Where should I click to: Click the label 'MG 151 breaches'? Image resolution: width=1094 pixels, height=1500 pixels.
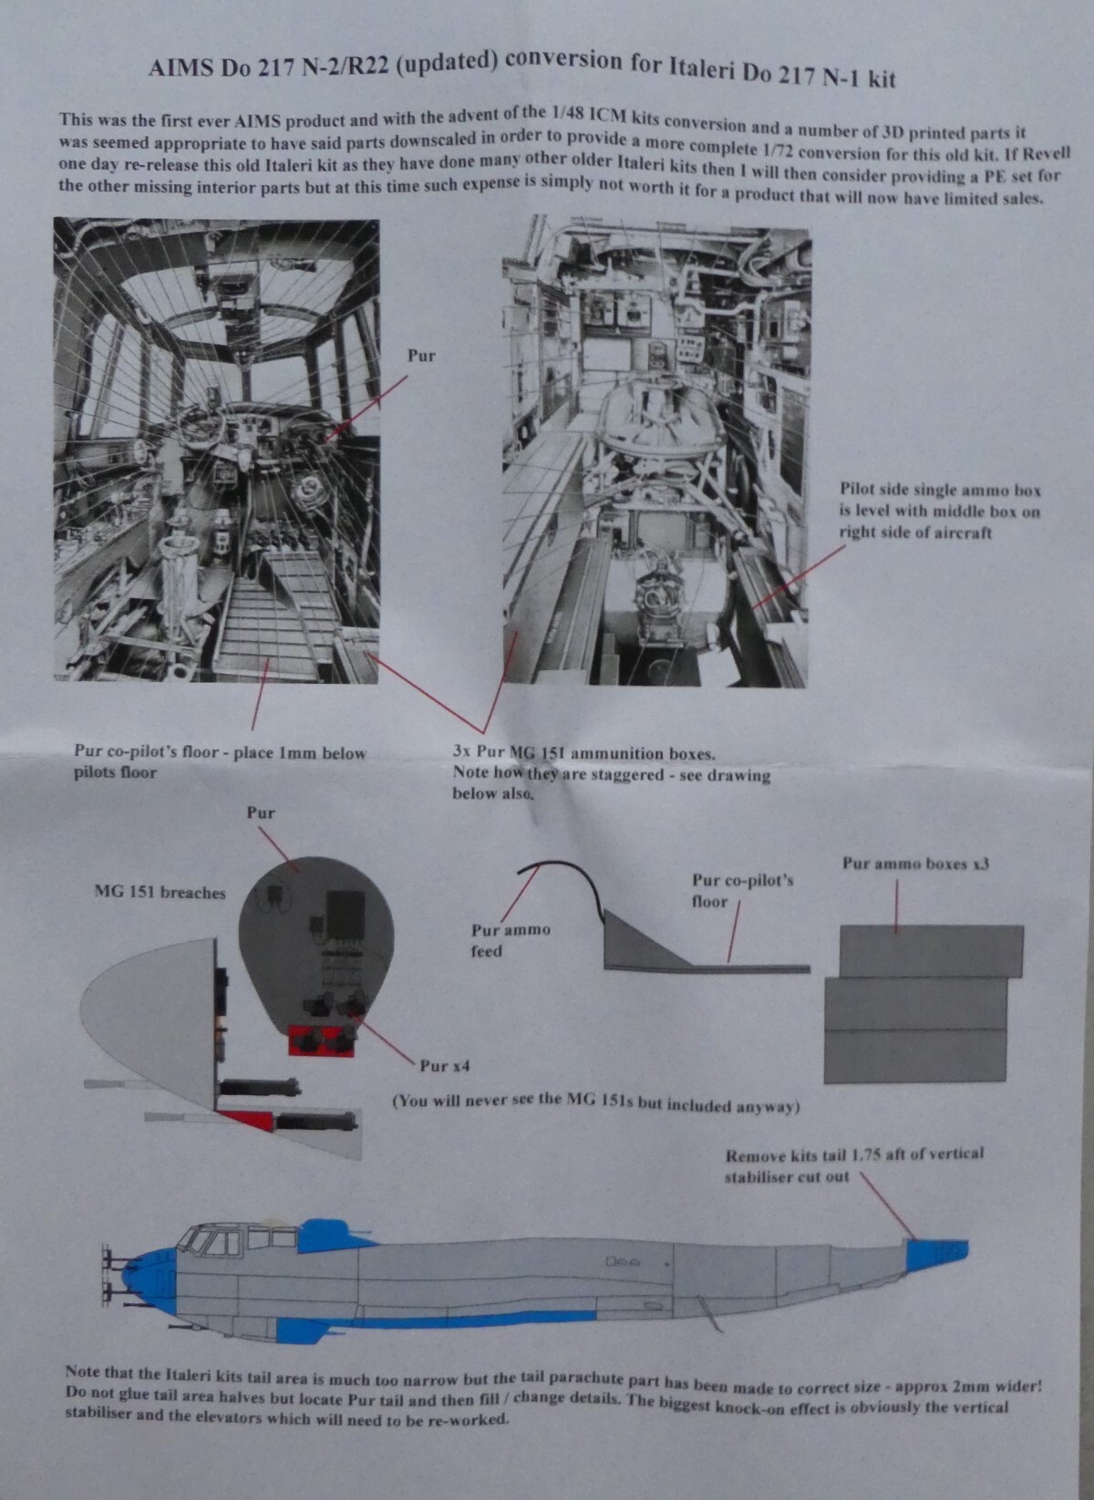[160, 893]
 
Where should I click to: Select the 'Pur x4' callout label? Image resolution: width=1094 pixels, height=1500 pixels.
[445, 1065]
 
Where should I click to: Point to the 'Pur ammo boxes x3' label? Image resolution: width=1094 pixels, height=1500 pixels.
[916, 864]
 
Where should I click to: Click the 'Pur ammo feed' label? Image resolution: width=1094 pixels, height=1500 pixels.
[511, 940]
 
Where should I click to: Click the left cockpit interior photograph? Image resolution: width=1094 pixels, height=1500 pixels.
[216, 450]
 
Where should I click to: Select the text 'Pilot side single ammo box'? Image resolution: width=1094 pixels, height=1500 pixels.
[941, 490]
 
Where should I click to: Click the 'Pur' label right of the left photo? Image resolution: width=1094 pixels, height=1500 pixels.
[421, 356]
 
